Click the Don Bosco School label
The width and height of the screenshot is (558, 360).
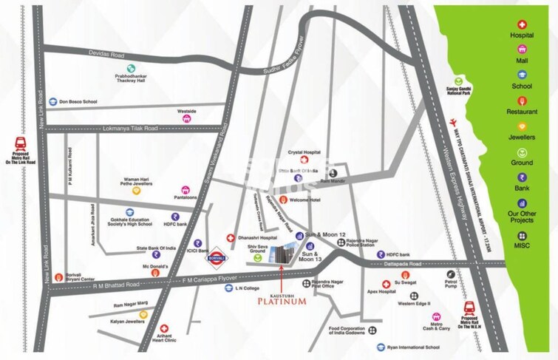78,102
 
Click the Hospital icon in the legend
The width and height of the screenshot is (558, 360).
522,24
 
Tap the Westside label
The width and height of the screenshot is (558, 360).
187,112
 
